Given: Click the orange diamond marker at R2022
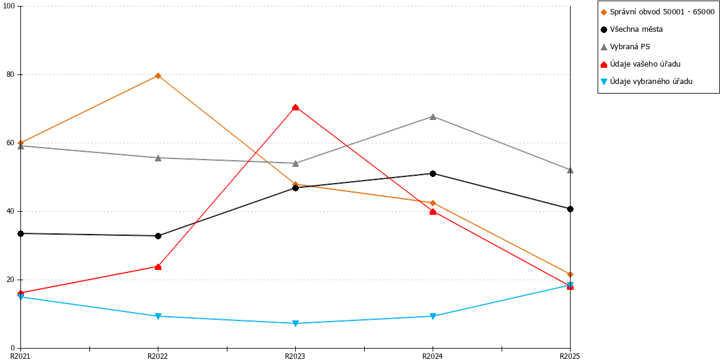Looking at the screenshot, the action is click(x=158, y=76).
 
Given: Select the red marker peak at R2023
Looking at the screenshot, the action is click(x=295, y=107).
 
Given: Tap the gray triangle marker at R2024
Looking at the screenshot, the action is click(x=433, y=116).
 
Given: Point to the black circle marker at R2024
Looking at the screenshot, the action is click(x=433, y=173).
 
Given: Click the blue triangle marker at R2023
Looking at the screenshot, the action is click(x=295, y=323).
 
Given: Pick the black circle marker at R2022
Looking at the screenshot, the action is click(x=158, y=236).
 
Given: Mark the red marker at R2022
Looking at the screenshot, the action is click(x=158, y=267).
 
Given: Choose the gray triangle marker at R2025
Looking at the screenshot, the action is click(x=570, y=170).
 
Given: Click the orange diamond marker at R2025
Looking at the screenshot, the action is click(x=570, y=275).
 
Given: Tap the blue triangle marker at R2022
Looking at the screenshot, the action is click(x=158, y=316).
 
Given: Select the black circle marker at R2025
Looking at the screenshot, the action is click(x=570, y=209).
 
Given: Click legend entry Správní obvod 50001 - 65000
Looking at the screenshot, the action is click(x=658, y=12).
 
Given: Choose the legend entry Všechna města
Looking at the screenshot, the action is click(x=632, y=29).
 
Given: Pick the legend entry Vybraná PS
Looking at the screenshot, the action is click(x=625, y=47).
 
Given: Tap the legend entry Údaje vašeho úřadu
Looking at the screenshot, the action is click(x=641, y=64).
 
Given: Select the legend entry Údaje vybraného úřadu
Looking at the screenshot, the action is click(x=646, y=82).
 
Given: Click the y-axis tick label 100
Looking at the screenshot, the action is click(x=8, y=6).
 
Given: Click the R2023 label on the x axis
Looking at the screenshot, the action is click(x=295, y=356).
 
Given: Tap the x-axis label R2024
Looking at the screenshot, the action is click(x=433, y=356).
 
